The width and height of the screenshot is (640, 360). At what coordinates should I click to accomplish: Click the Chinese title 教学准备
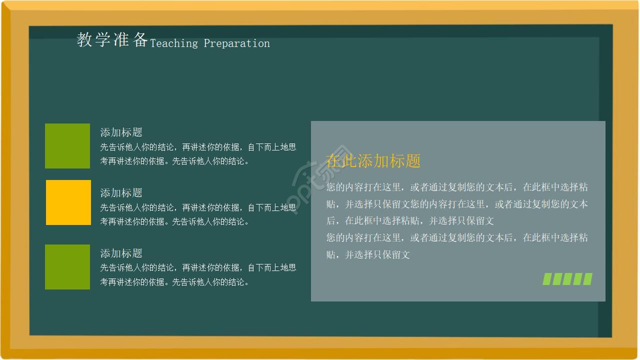pos(112,39)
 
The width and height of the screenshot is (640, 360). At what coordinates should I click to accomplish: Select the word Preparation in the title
pos(236,43)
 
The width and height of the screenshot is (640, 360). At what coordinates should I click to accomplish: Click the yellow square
pos(68,202)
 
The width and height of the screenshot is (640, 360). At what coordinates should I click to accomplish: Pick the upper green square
pos(67,146)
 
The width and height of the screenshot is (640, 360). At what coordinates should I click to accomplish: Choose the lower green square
pos(67,267)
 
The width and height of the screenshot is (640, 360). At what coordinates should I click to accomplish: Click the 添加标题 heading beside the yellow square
pos(121,192)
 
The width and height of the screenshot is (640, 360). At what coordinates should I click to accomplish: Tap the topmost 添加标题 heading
pos(121,132)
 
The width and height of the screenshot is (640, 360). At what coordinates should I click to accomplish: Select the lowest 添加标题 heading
pos(121,253)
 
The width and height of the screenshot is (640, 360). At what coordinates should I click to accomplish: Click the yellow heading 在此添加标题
pos(373,161)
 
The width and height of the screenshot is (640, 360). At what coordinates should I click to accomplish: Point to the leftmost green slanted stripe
pos(547,279)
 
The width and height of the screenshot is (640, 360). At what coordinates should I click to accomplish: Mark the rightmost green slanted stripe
pos(587,279)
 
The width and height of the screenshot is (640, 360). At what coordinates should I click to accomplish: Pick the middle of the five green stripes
pos(567,279)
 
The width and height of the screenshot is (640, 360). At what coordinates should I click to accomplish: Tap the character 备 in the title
pos(140,39)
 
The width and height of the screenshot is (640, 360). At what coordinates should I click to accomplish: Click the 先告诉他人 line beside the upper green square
pos(198,147)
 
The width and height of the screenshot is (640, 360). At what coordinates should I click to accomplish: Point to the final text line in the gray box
pos(368,254)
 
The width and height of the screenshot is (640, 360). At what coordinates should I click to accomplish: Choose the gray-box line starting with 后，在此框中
pos(410,220)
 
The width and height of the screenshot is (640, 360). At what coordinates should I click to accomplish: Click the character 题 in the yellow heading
pos(413,161)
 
